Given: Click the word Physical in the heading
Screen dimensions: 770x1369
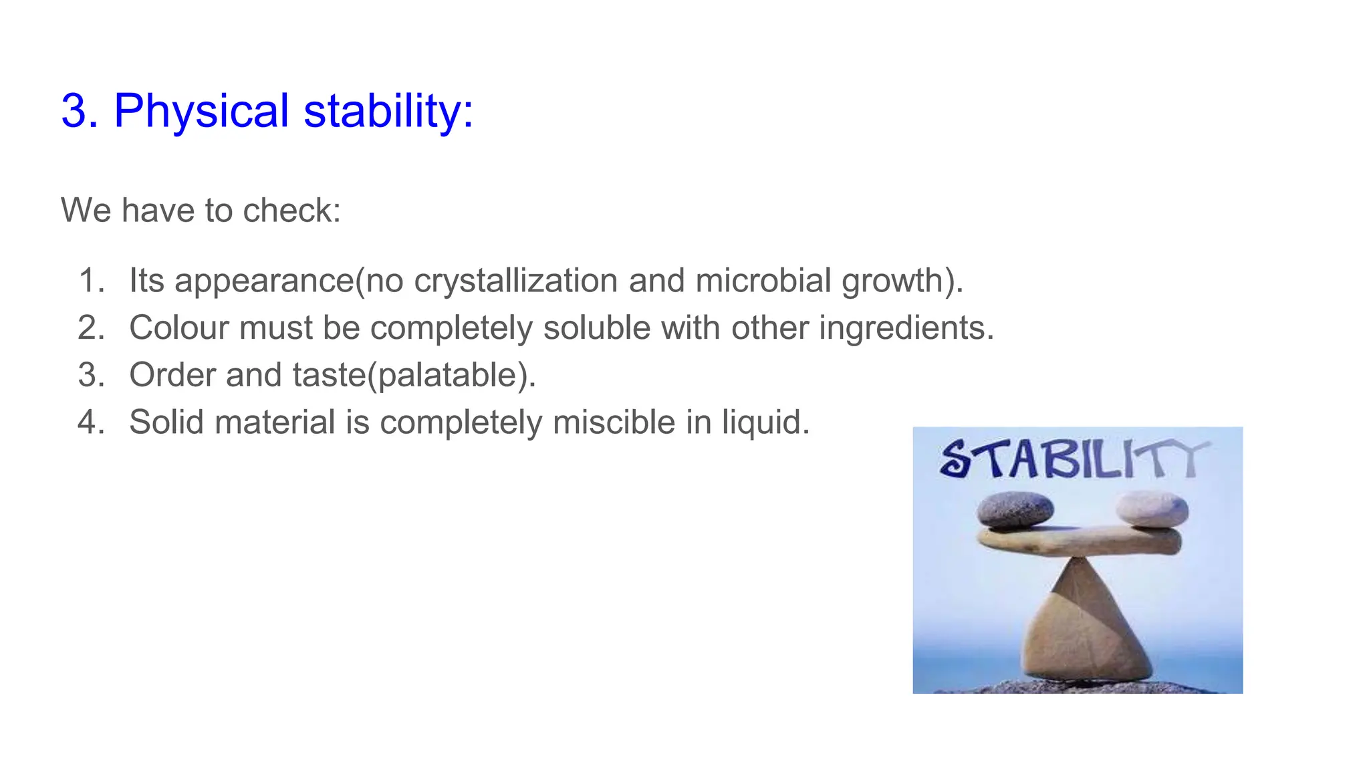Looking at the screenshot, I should point(201,111).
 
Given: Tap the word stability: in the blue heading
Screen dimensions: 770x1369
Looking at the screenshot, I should point(388,111).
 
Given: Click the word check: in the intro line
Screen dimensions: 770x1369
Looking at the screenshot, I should point(292,211).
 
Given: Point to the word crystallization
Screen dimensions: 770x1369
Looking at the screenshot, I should point(515,281).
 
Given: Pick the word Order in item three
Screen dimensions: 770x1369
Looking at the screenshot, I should point(172,375).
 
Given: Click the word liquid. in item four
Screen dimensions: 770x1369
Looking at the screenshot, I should point(766,422).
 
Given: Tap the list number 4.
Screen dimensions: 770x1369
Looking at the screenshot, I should point(91,422).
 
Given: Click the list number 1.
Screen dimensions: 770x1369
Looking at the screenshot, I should point(91,281).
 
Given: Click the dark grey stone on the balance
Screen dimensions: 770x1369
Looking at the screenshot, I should point(1015,510).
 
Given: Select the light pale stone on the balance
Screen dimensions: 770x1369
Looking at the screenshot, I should point(1151,509).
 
